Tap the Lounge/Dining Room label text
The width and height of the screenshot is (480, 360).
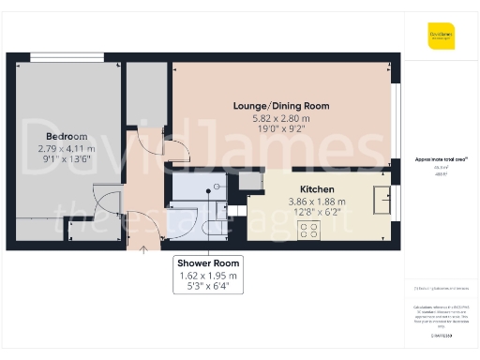pos(281,106)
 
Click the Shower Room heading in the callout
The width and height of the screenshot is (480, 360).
pos(210,262)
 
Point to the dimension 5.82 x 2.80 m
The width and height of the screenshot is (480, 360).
pos(281,119)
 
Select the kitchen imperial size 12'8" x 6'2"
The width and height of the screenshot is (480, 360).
pos(316,214)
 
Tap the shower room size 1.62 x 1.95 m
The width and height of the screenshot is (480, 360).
pos(210,276)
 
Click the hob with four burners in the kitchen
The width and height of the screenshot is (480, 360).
pos(308,231)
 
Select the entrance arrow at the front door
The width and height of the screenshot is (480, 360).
pos(142,248)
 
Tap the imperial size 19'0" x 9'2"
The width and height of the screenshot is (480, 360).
pos(281,131)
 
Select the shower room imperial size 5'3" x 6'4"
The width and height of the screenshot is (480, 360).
pos(210,287)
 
